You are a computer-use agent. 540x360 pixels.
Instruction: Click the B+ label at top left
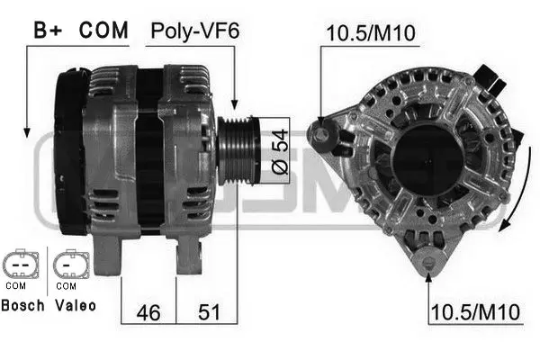[x=48, y=30]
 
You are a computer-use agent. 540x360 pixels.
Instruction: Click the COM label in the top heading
[x=103, y=30]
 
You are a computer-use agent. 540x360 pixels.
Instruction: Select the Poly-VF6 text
[x=195, y=31]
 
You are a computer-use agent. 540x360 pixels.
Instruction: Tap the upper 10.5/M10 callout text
[x=371, y=33]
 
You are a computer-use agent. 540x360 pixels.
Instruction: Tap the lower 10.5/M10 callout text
[x=475, y=312]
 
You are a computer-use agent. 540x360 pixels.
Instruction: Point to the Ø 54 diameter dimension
[x=280, y=151]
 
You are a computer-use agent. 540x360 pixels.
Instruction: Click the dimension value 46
[x=148, y=312]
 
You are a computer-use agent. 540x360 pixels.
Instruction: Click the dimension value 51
[x=209, y=312]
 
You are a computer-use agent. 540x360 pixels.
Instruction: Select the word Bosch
[x=22, y=306]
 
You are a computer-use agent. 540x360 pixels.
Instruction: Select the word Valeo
[x=76, y=306]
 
